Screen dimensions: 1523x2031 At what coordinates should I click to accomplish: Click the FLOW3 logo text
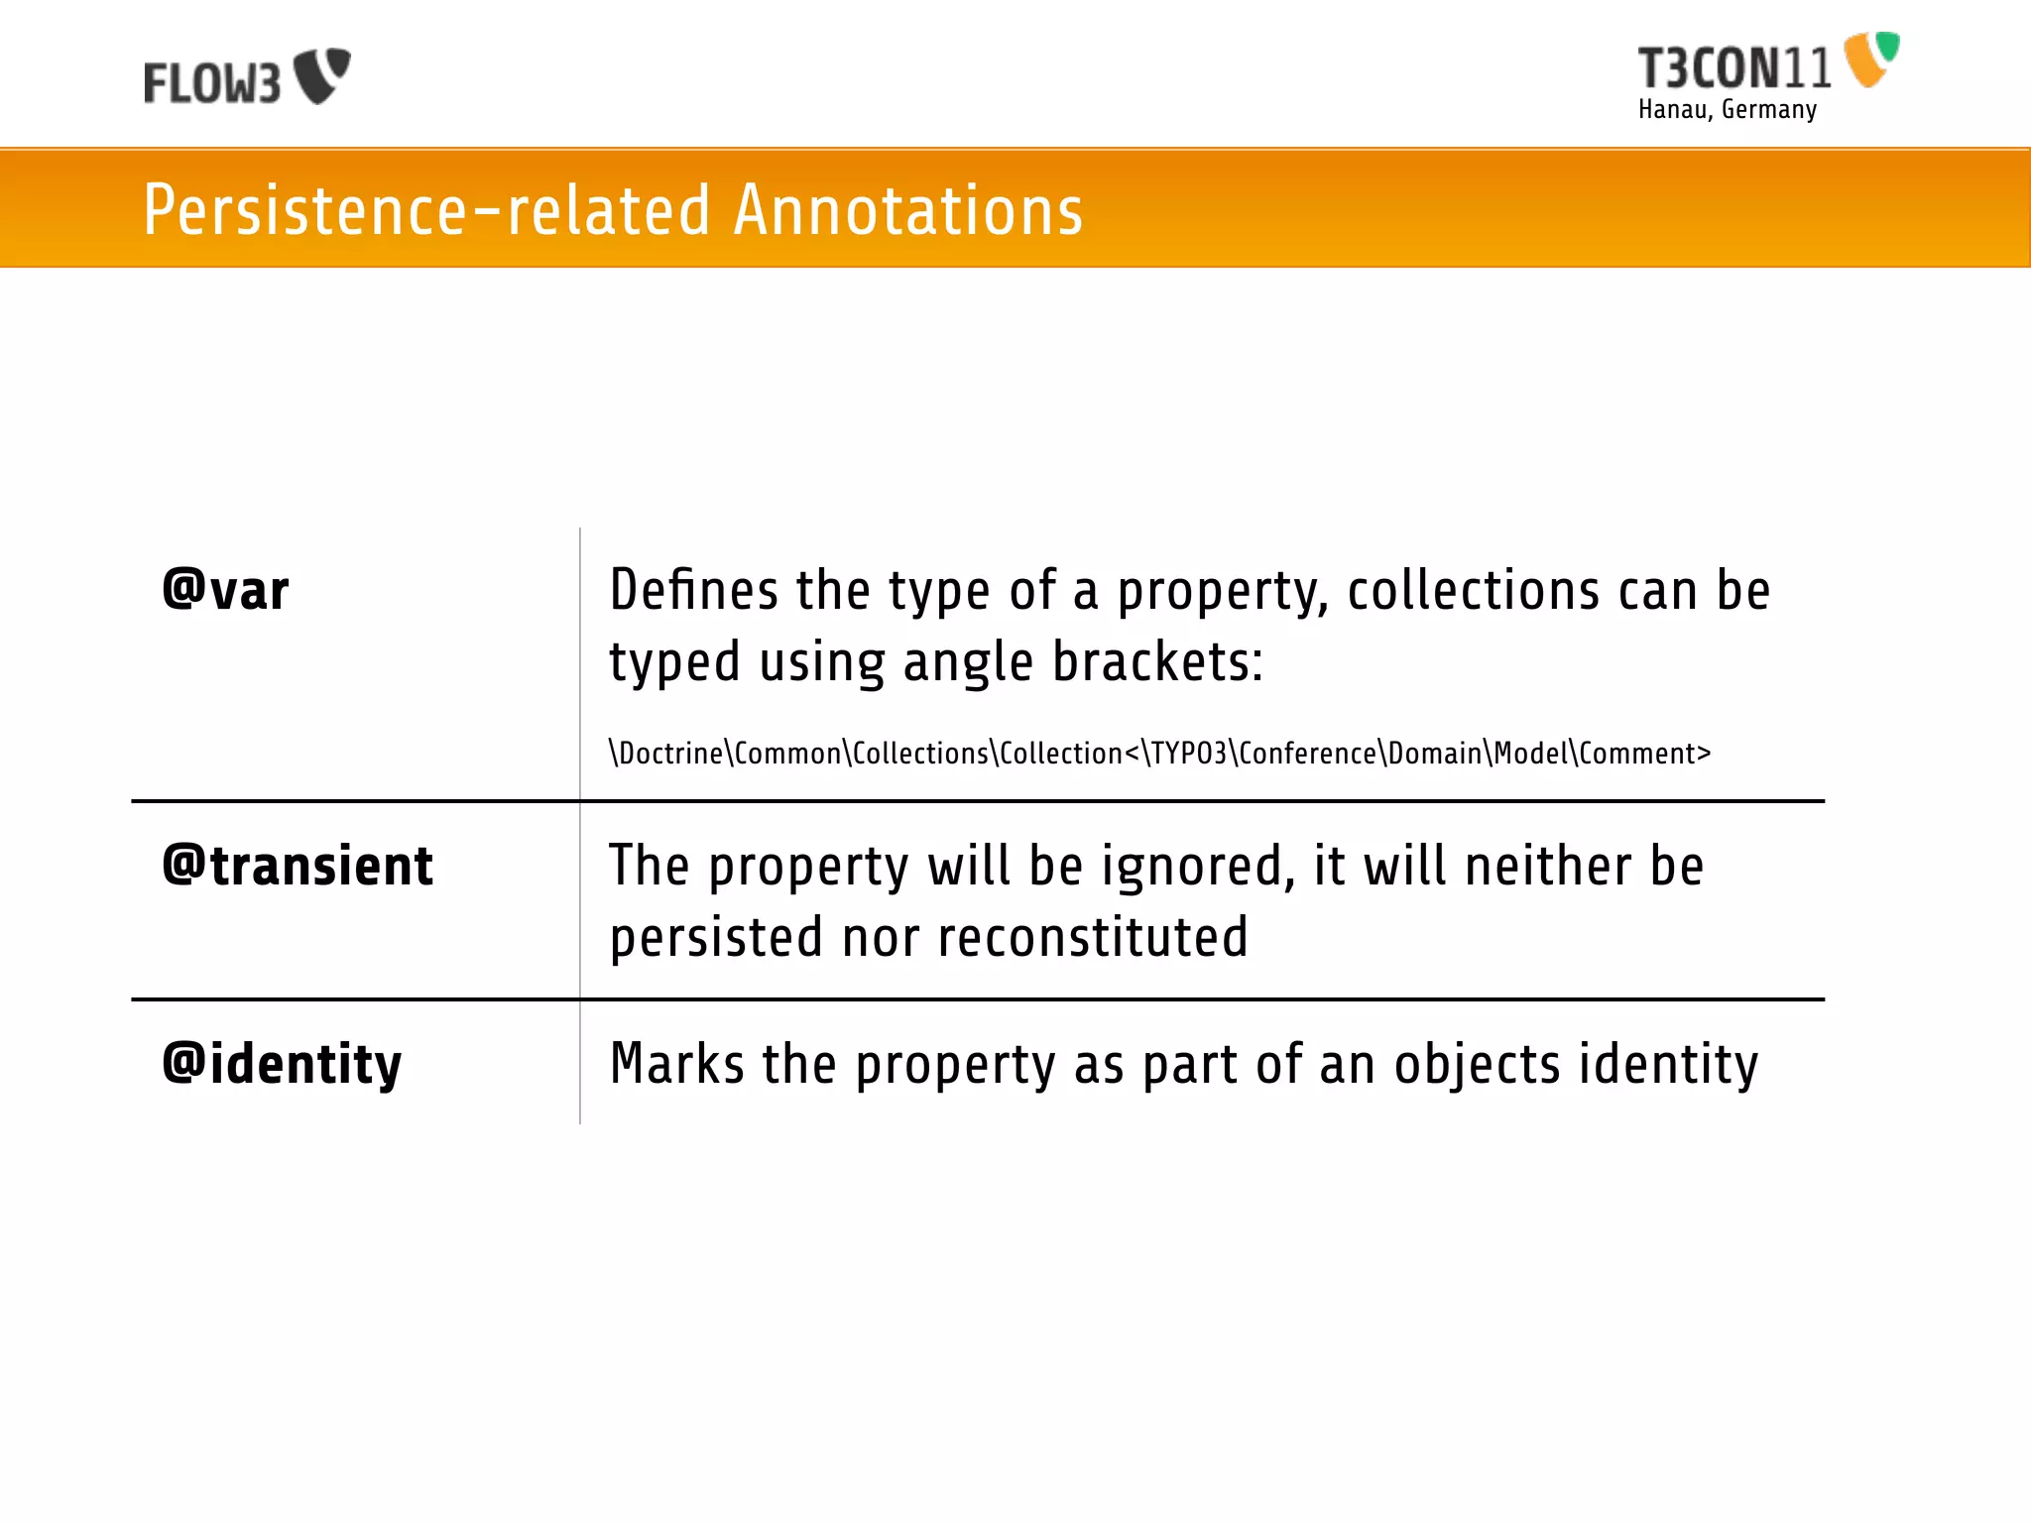pyautogui.click(x=211, y=82)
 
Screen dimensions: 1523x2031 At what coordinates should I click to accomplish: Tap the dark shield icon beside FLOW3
pyautogui.click(x=322, y=75)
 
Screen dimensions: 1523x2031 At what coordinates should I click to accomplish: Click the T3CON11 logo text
pyautogui.click(x=1733, y=69)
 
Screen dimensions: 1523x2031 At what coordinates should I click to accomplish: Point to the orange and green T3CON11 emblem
pyautogui.click(x=1870, y=59)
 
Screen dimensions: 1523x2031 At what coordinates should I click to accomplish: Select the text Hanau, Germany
pyautogui.click(x=1727, y=110)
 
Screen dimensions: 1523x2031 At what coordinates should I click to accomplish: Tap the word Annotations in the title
pyautogui.click(x=907, y=210)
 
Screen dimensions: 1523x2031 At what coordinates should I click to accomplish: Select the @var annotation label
pyautogui.click(x=225, y=591)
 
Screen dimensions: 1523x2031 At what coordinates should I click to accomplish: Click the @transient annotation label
pyautogui.click(x=298, y=866)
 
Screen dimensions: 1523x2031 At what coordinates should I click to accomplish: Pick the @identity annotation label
pyautogui.click(x=282, y=1065)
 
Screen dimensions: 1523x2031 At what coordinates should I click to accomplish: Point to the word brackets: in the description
pyautogui.click(x=1157, y=662)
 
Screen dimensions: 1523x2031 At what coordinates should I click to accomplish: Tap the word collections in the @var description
pyautogui.click(x=1473, y=591)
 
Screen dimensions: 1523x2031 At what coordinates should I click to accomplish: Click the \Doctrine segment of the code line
pyautogui.click(x=666, y=754)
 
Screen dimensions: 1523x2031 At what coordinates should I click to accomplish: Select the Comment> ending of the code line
pyautogui.click(x=1643, y=754)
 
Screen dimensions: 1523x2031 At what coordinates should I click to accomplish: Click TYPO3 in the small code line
pyautogui.click(x=1188, y=754)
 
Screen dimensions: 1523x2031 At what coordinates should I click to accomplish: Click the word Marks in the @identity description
pyautogui.click(x=676, y=1065)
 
